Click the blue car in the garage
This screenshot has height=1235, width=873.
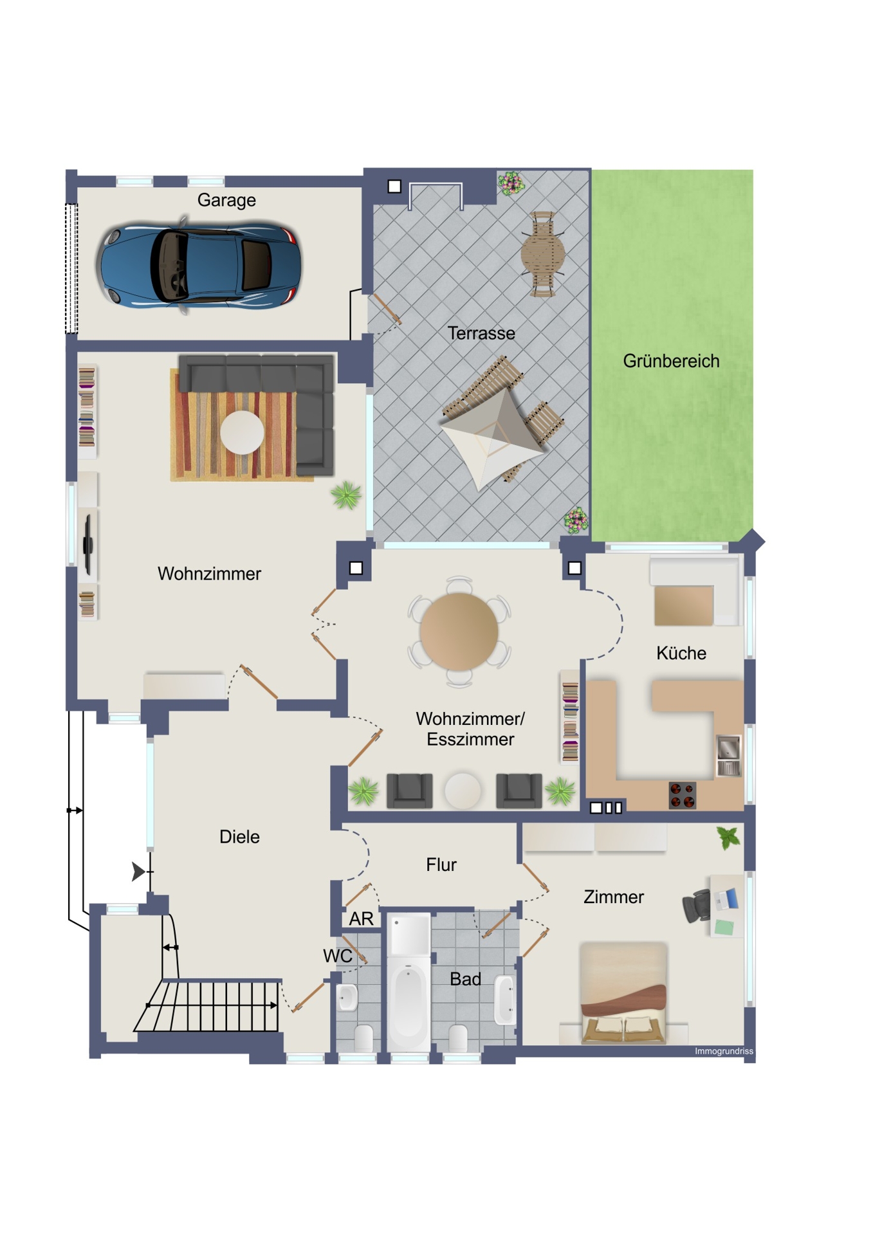[x=199, y=265]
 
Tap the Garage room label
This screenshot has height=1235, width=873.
[x=226, y=200]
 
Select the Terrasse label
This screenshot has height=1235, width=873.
[x=481, y=333]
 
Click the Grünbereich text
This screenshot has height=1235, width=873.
[x=671, y=361]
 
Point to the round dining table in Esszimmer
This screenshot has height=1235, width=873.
[x=459, y=632]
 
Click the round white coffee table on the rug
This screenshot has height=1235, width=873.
[x=242, y=432]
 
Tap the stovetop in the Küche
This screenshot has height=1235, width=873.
[x=682, y=794]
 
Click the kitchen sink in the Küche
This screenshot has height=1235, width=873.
[x=729, y=755]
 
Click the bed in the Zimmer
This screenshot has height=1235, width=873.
[x=623, y=993]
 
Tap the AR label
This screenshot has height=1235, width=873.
[x=361, y=919]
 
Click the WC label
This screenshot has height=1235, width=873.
[x=338, y=956]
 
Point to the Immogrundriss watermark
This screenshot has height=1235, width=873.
[x=724, y=1051]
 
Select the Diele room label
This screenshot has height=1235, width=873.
[x=239, y=837]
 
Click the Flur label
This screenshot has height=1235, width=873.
[x=441, y=864]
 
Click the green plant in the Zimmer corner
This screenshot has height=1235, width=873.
[x=728, y=838]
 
